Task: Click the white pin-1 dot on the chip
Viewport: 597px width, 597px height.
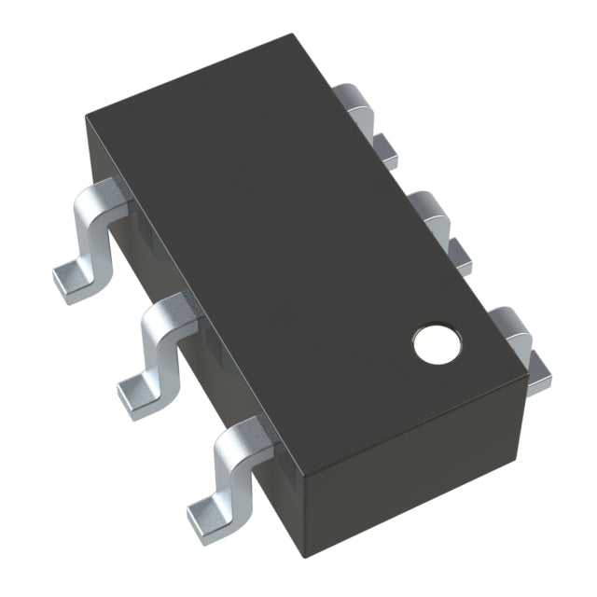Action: coord(436,343)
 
